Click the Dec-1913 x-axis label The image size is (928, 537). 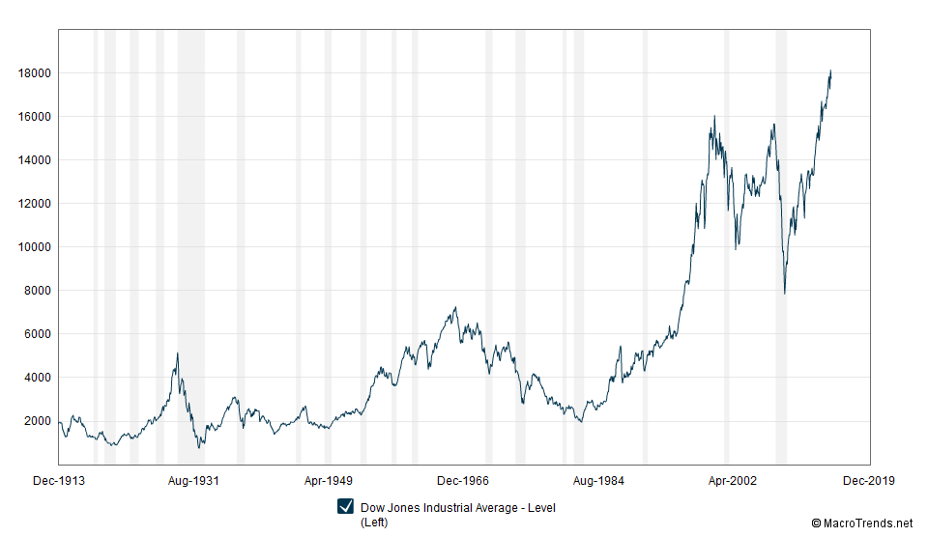(x=59, y=480)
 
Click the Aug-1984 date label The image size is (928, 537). (x=599, y=480)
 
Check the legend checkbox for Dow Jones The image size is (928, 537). (x=345, y=508)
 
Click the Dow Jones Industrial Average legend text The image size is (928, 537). (x=457, y=508)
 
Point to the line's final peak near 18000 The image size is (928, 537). (x=830, y=71)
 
